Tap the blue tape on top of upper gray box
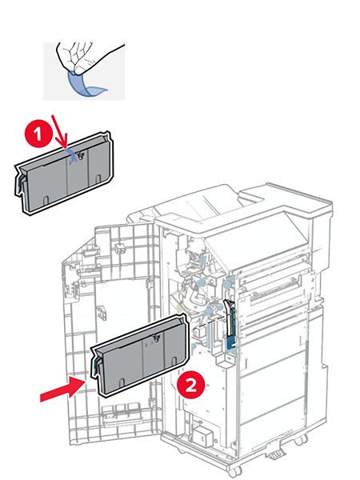click(x=73, y=152)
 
